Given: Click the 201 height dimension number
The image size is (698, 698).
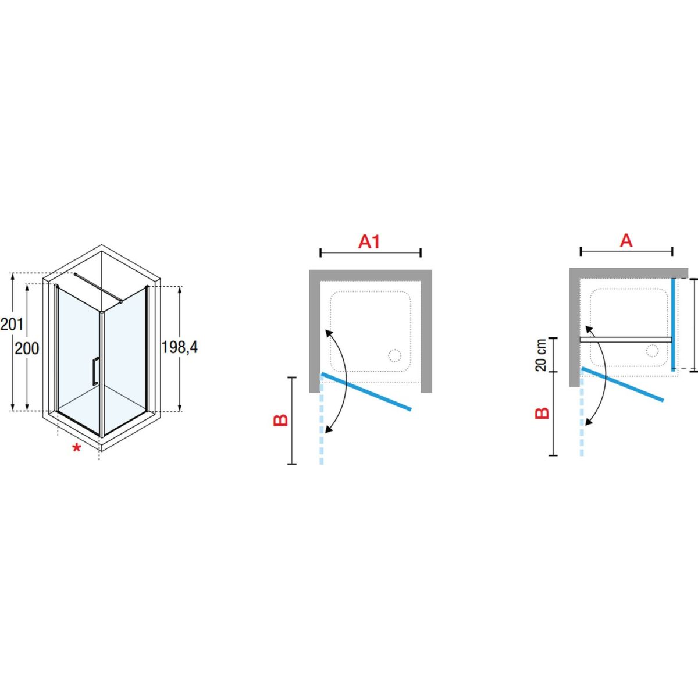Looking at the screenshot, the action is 12,324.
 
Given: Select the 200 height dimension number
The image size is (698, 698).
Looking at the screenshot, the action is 27,348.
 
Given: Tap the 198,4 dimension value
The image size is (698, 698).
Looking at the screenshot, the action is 180,347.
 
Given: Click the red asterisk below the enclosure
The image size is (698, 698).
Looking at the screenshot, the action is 76,448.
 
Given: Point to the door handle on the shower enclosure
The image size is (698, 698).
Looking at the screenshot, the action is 95,371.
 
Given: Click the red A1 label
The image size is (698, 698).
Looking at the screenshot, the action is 369,241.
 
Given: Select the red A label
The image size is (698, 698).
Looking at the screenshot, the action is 626,240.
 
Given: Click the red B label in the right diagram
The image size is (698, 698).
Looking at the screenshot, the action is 542,414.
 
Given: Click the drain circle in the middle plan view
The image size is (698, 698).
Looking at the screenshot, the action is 394,356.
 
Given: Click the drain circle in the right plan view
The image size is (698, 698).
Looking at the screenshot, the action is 653,351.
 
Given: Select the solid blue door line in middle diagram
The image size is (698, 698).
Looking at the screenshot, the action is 366,391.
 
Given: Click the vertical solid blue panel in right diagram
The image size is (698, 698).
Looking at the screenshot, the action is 673,325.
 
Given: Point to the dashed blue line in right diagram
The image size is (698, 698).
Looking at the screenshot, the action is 582,413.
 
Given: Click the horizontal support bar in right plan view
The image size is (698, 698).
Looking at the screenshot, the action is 626,339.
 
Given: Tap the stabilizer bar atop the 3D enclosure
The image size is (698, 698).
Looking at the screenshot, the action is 98,287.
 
